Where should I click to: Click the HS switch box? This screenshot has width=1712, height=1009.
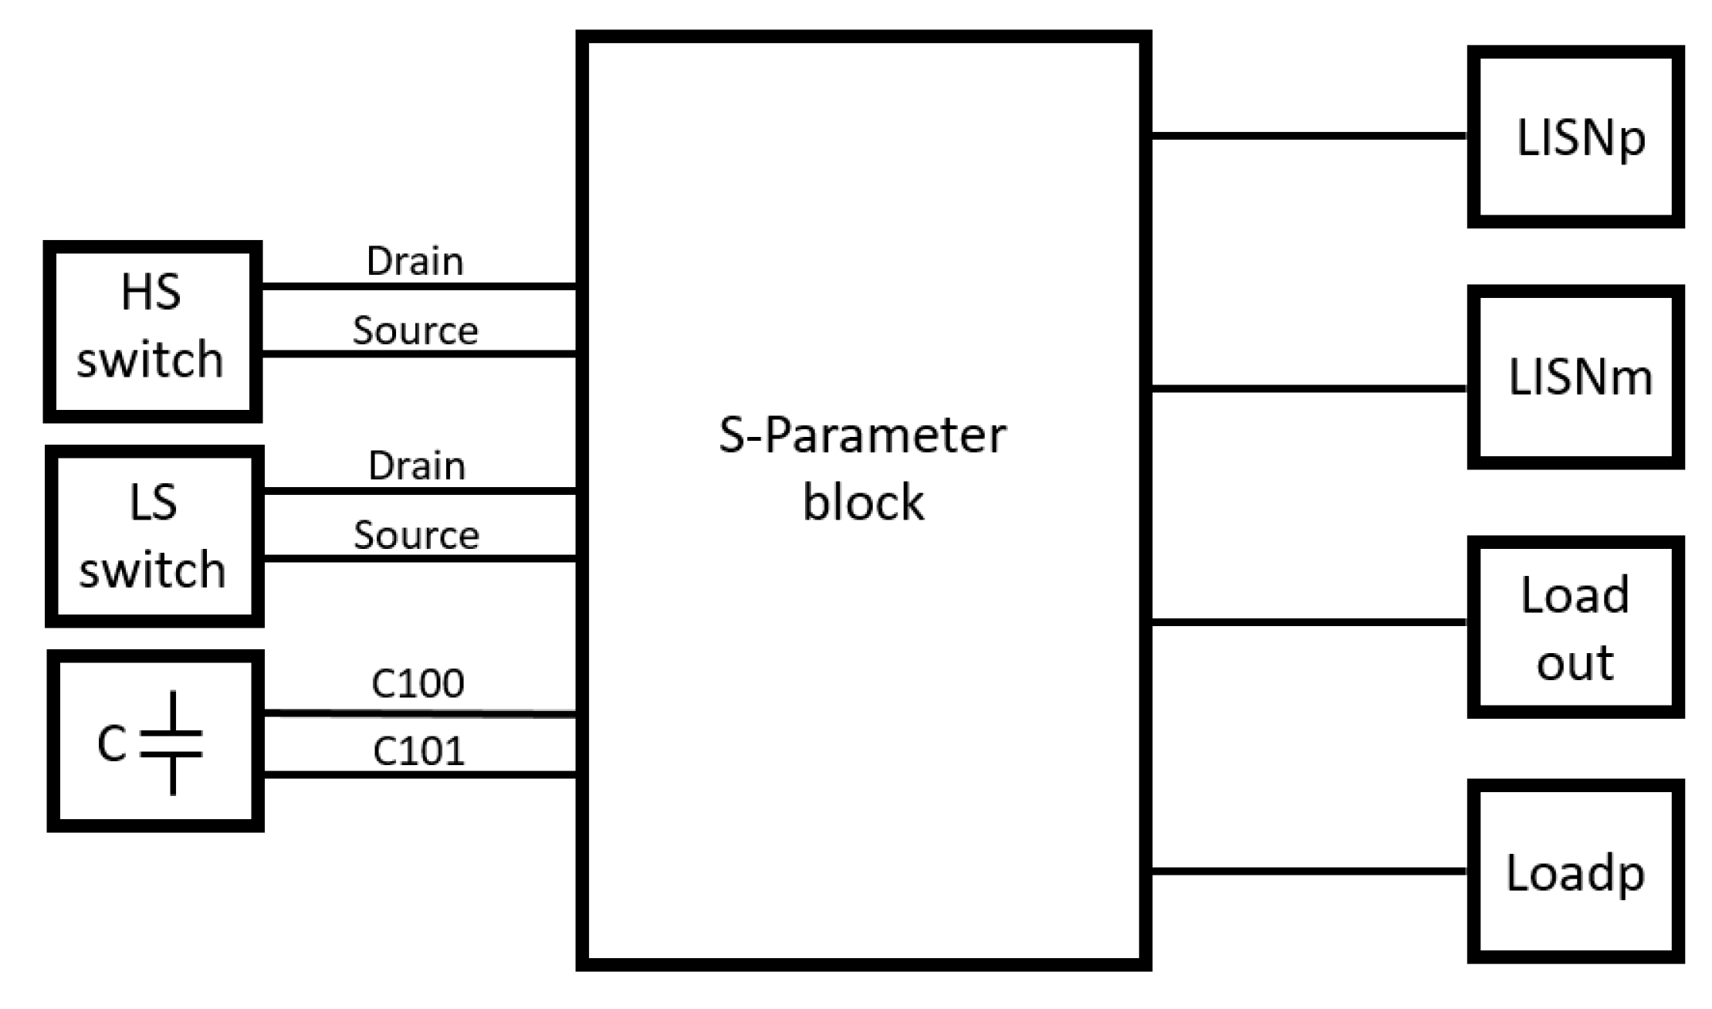click(x=152, y=331)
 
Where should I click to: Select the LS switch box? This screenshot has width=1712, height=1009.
click(x=154, y=536)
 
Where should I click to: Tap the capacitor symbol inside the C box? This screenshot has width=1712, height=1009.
click(x=172, y=743)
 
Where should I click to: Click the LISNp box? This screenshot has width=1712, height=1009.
click(x=1575, y=137)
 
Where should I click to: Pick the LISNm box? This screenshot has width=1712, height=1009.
click(x=1575, y=377)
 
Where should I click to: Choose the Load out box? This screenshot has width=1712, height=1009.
click(x=1575, y=627)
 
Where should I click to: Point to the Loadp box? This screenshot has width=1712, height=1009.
click(x=1575, y=872)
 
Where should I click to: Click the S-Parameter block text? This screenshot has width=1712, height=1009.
click(x=862, y=468)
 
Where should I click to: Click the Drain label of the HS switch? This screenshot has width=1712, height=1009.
click(x=414, y=262)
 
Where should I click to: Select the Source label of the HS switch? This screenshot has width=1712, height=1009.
click(x=415, y=330)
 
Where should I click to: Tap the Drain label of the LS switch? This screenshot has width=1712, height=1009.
click(x=417, y=466)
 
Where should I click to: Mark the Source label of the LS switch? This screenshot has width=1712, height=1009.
click(x=416, y=535)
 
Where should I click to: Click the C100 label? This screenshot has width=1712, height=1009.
click(x=418, y=683)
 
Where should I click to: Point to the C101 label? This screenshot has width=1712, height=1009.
click(x=418, y=751)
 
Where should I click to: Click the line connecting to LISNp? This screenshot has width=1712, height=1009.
click(x=1308, y=136)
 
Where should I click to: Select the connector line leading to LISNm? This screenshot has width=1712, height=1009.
click(x=1308, y=388)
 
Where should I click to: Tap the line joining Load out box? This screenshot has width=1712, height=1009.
click(x=1308, y=621)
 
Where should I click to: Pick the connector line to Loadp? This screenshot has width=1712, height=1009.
click(x=1308, y=872)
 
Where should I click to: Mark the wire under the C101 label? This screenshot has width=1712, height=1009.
click(x=419, y=774)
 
